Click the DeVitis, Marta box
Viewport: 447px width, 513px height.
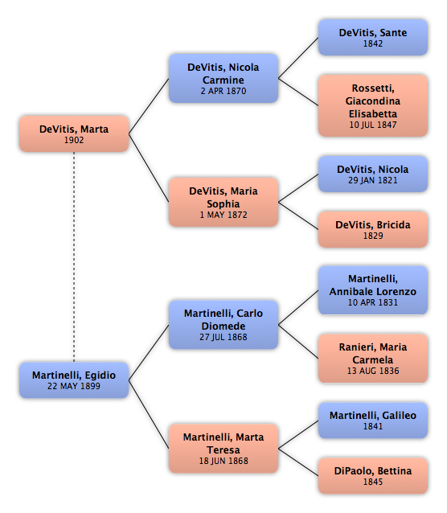click(74, 133)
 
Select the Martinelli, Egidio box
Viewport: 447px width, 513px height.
click(74, 380)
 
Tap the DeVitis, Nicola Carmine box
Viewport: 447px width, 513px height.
click(223, 79)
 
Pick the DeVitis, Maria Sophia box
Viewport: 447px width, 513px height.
click(223, 202)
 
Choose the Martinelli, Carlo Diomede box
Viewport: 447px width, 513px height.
click(223, 325)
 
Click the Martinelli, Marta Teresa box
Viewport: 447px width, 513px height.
click(223, 448)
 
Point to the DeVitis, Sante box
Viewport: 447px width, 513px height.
click(373, 37)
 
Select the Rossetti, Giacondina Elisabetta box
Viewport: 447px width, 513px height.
click(373, 105)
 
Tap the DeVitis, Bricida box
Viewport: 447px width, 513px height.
click(373, 229)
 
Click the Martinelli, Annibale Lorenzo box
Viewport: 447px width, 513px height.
click(373, 290)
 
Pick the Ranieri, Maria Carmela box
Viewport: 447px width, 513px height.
click(373, 359)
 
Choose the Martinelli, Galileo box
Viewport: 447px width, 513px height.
click(373, 421)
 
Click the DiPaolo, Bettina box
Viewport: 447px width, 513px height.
click(373, 476)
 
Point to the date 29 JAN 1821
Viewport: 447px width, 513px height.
click(373, 180)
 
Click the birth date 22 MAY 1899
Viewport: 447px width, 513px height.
click(74, 386)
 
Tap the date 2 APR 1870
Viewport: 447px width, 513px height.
click(223, 91)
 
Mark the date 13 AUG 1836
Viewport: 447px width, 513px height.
click(373, 371)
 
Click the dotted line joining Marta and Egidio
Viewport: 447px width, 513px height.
click(74, 256)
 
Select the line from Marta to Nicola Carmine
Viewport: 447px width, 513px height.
click(149, 106)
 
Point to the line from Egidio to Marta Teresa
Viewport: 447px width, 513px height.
click(149, 414)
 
